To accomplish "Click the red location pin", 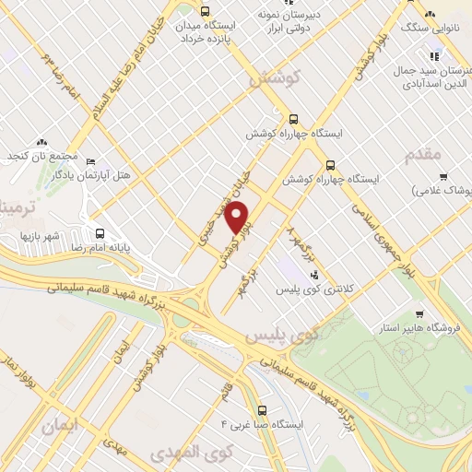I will point(239,218).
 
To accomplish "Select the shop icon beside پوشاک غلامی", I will point(444,176).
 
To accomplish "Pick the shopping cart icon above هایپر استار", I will point(421,313).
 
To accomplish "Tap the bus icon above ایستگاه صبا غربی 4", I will point(263,410).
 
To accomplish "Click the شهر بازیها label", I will point(41,236).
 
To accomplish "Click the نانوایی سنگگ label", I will point(431,29).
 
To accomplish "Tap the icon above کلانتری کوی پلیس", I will point(314,274).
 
